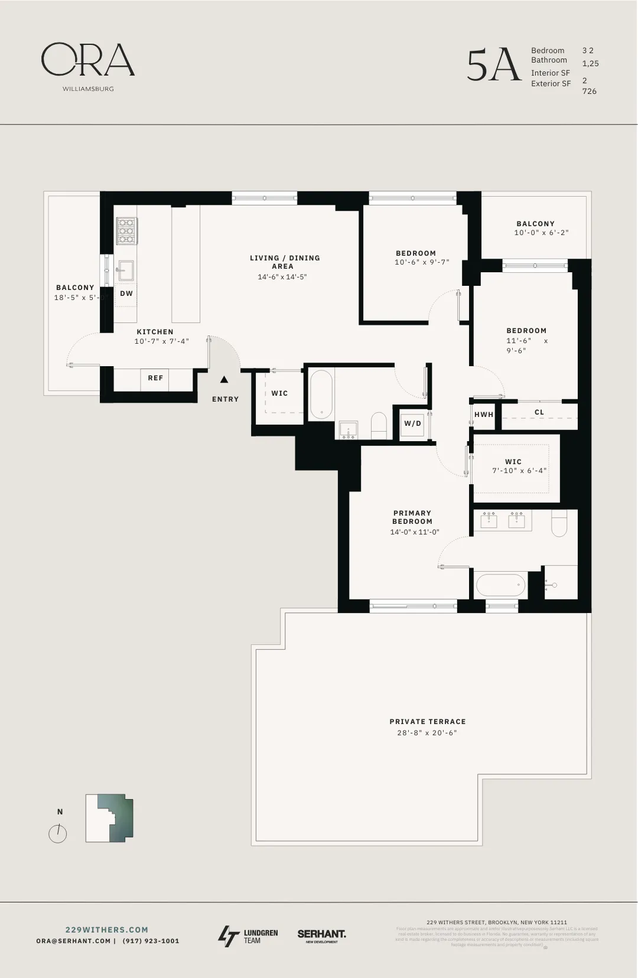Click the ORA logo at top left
(87, 60)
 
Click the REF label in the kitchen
(155, 378)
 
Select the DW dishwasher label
(126, 294)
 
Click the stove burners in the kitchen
(126, 231)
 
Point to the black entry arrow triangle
(224, 380)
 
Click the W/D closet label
(412, 423)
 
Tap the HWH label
(484, 415)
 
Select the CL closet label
(539, 412)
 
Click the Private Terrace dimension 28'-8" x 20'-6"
(427, 733)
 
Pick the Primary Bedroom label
(412, 517)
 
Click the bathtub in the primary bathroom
(500, 585)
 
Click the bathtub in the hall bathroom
(321, 394)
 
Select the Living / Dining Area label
(284, 262)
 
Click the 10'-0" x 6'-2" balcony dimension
(541, 233)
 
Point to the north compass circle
(58, 834)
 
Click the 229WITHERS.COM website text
(107, 930)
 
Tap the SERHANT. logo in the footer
(321, 935)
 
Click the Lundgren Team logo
(248, 936)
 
